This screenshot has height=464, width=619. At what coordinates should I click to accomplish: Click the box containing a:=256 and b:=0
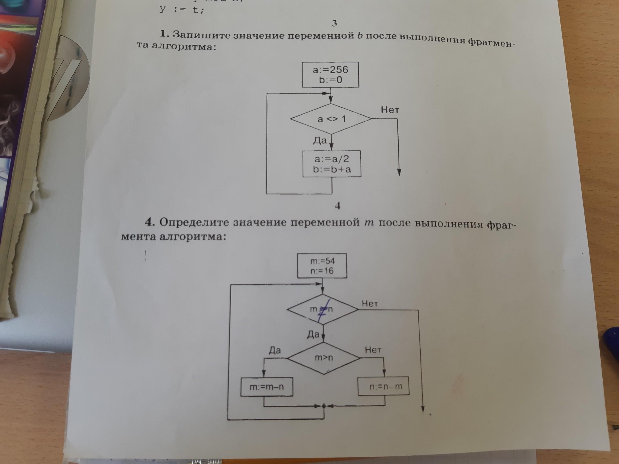click(330, 75)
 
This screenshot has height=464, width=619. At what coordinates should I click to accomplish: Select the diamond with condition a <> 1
click(331, 119)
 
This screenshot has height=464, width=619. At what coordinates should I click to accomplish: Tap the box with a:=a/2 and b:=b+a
click(332, 164)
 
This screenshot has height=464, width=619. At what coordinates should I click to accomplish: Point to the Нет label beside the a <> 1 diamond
click(390, 110)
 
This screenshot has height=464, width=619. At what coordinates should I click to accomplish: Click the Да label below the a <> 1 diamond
click(320, 140)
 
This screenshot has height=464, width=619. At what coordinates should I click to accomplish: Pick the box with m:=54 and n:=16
click(322, 266)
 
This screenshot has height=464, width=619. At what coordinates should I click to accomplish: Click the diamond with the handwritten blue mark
click(323, 309)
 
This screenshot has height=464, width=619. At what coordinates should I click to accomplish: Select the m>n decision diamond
click(324, 358)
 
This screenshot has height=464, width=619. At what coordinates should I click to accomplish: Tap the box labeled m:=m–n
click(267, 387)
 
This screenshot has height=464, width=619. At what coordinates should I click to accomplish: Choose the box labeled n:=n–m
click(384, 386)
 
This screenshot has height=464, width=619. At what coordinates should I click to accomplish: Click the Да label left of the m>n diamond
click(275, 350)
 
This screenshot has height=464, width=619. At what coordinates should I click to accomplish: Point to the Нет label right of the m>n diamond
click(373, 350)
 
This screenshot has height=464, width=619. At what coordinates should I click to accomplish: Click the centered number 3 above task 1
click(334, 23)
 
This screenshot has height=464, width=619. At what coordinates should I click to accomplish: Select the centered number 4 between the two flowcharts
click(338, 206)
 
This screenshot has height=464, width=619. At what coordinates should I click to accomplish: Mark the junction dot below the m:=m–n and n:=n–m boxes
click(323, 405)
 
